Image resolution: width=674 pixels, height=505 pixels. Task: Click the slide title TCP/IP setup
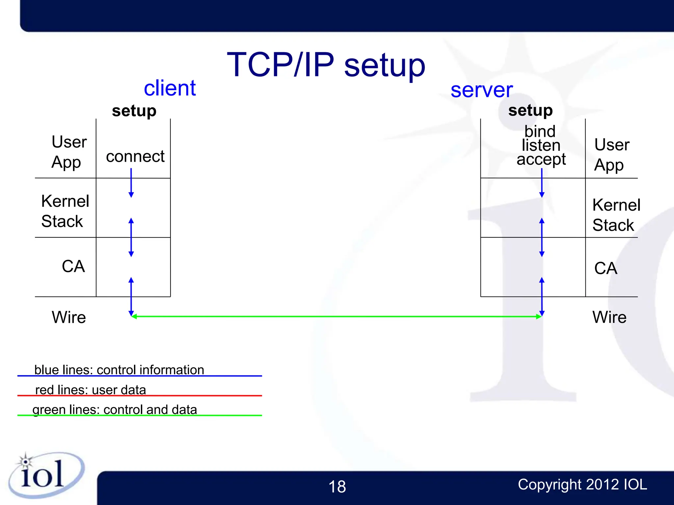click(326, 65)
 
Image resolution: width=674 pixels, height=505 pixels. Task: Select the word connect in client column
click(135, 156)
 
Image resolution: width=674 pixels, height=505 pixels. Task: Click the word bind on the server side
click(540, 132)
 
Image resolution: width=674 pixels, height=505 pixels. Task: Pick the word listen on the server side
click(541, 145)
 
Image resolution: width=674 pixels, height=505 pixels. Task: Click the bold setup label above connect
click(134, 111)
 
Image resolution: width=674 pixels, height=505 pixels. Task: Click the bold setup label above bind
click(530, 110)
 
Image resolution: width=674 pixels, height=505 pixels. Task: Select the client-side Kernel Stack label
click(65, 211)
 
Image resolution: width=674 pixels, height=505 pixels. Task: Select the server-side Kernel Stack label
click(616, 215)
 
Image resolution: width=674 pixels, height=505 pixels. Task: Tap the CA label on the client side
click(73, 266)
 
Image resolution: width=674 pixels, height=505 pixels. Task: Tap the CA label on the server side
click(605, 268)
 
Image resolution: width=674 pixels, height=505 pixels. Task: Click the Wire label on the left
click(68, 317)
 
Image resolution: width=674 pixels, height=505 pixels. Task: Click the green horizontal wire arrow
click(336, 316)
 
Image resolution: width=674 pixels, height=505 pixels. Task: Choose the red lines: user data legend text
click(91, 390)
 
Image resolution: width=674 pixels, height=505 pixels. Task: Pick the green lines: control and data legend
click(115, 410)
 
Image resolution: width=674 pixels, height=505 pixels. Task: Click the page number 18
click(337, 487)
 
